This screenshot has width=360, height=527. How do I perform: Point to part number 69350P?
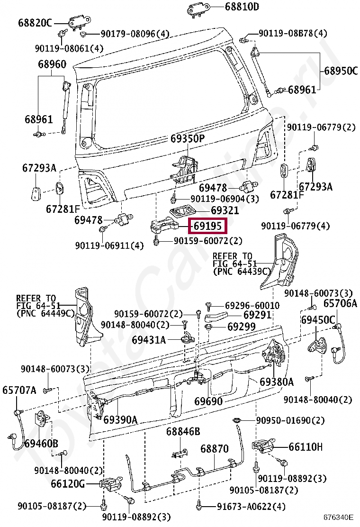click(187, 138)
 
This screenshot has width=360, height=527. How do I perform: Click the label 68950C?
click(341, 71)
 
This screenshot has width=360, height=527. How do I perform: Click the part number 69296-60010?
click(252, 306)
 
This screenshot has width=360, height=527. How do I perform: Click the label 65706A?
click(340, 303)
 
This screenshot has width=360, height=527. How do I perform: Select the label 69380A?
click(277, 382)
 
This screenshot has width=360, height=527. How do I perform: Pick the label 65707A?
click(19, 390)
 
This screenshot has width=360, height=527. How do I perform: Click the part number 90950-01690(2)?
click(290, 420)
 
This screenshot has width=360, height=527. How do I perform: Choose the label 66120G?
click(68, 484)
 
